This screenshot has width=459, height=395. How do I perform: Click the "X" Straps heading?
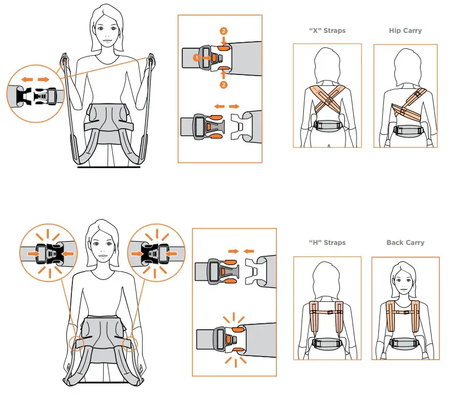pos(327,31)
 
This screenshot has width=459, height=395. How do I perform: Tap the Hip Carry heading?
pos(405,31)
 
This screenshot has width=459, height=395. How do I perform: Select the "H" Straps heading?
pos(327,242)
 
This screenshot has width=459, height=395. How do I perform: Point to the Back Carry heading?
pos(405,243)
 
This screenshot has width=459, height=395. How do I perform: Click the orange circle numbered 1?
pos(197,58)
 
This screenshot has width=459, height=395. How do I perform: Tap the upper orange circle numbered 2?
pos(223,31)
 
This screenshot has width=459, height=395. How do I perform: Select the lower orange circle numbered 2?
pos(223,85)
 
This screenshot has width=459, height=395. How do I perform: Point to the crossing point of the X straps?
pos(330,100)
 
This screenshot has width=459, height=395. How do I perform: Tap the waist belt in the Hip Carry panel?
pos(407,130)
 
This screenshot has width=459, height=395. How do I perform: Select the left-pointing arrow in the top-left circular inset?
pos(27,79)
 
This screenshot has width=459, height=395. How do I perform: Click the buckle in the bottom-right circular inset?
pos(155,254)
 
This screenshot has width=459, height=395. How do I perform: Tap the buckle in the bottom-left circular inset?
pos(50,254)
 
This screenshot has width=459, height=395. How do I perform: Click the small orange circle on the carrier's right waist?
pos(129,344)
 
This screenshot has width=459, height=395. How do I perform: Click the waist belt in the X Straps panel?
pos(328,125)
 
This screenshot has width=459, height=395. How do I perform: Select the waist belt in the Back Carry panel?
pos(405,344)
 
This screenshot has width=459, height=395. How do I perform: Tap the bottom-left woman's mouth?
pos(103,255)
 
